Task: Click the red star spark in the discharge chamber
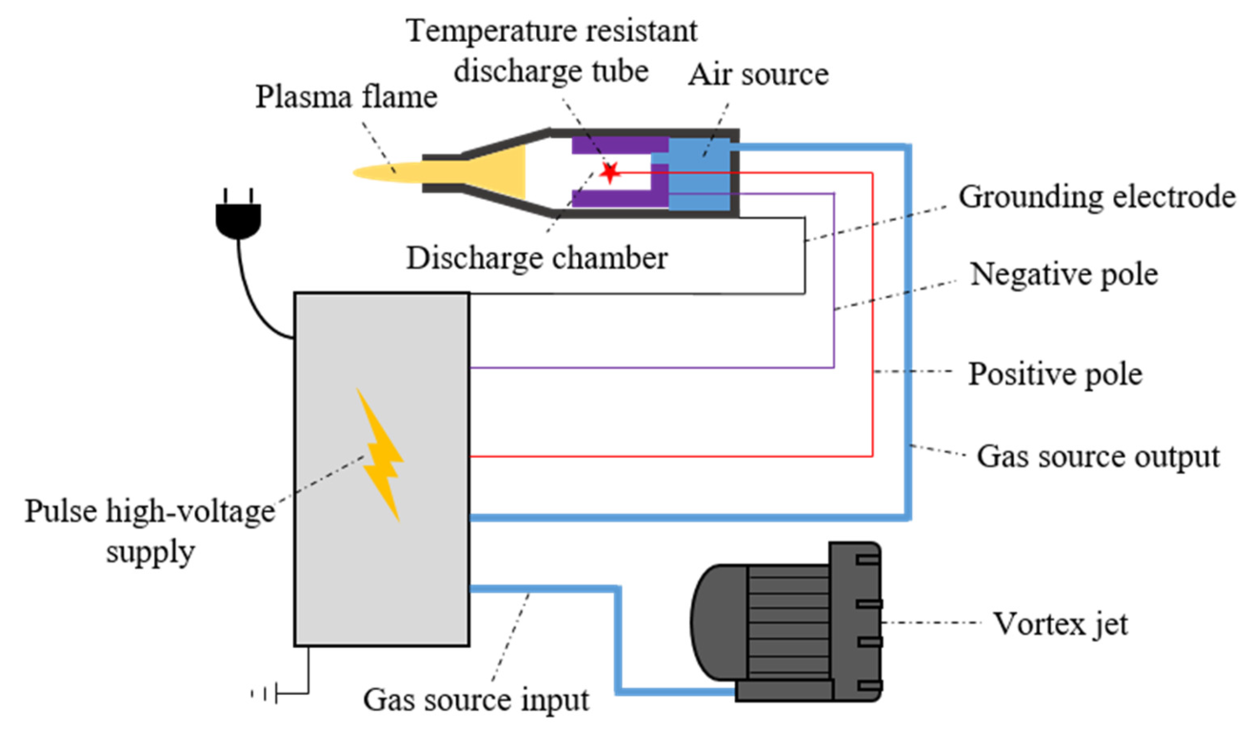[608, 172]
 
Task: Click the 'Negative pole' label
[1064, 275]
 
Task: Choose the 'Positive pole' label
[1054, 373]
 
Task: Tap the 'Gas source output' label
[1098, 456]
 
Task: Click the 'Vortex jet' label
[1060, 624]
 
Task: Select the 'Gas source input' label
[476, 701]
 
